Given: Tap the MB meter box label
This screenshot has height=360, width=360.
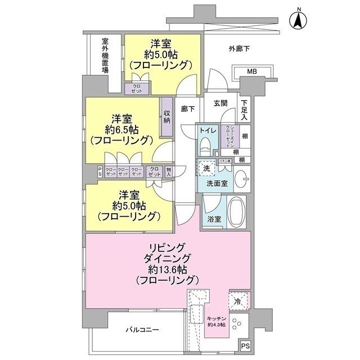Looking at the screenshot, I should [252, 71].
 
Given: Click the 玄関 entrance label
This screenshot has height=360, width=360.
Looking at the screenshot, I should [220, 103].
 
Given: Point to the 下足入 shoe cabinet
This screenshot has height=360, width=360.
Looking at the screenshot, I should [244, 110].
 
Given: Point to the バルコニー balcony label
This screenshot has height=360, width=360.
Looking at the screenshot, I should [142, 330].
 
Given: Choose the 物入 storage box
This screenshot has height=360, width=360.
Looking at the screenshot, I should [169, 172].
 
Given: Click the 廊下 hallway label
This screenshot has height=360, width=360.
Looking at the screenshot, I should [187, 110].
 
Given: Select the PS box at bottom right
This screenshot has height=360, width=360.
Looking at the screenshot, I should [245, 347].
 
